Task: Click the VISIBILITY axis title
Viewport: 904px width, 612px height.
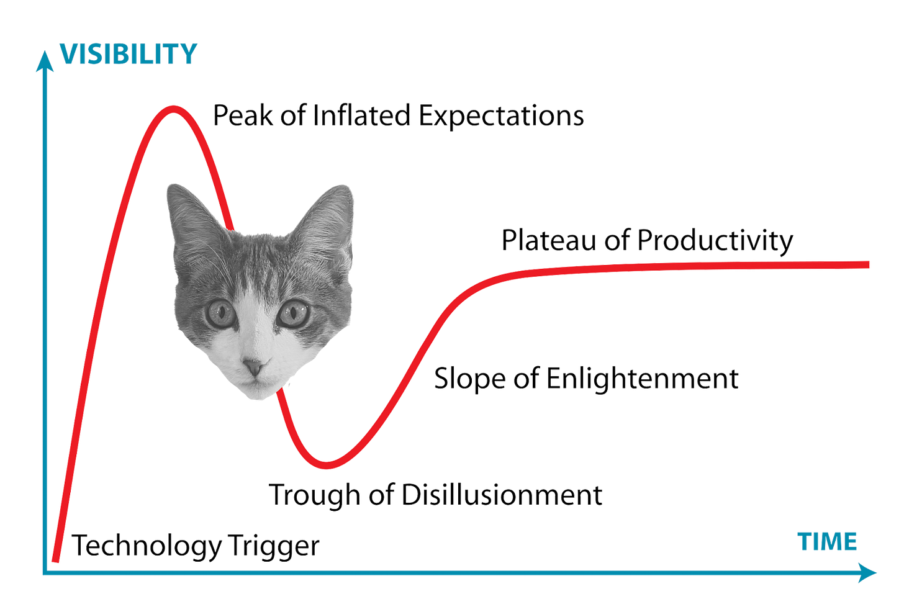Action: [x=129, y=54]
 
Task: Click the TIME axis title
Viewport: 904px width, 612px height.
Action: [x=828, y=541]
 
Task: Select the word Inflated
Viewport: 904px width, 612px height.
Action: [x=363, y=115]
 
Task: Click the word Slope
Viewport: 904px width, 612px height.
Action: [x=469, y=378]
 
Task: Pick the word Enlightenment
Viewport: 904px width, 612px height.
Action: [x=642, y=378]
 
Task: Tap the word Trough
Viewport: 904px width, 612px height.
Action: [x=314, y=495]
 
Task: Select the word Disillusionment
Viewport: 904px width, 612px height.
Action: [x=502, y=495]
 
